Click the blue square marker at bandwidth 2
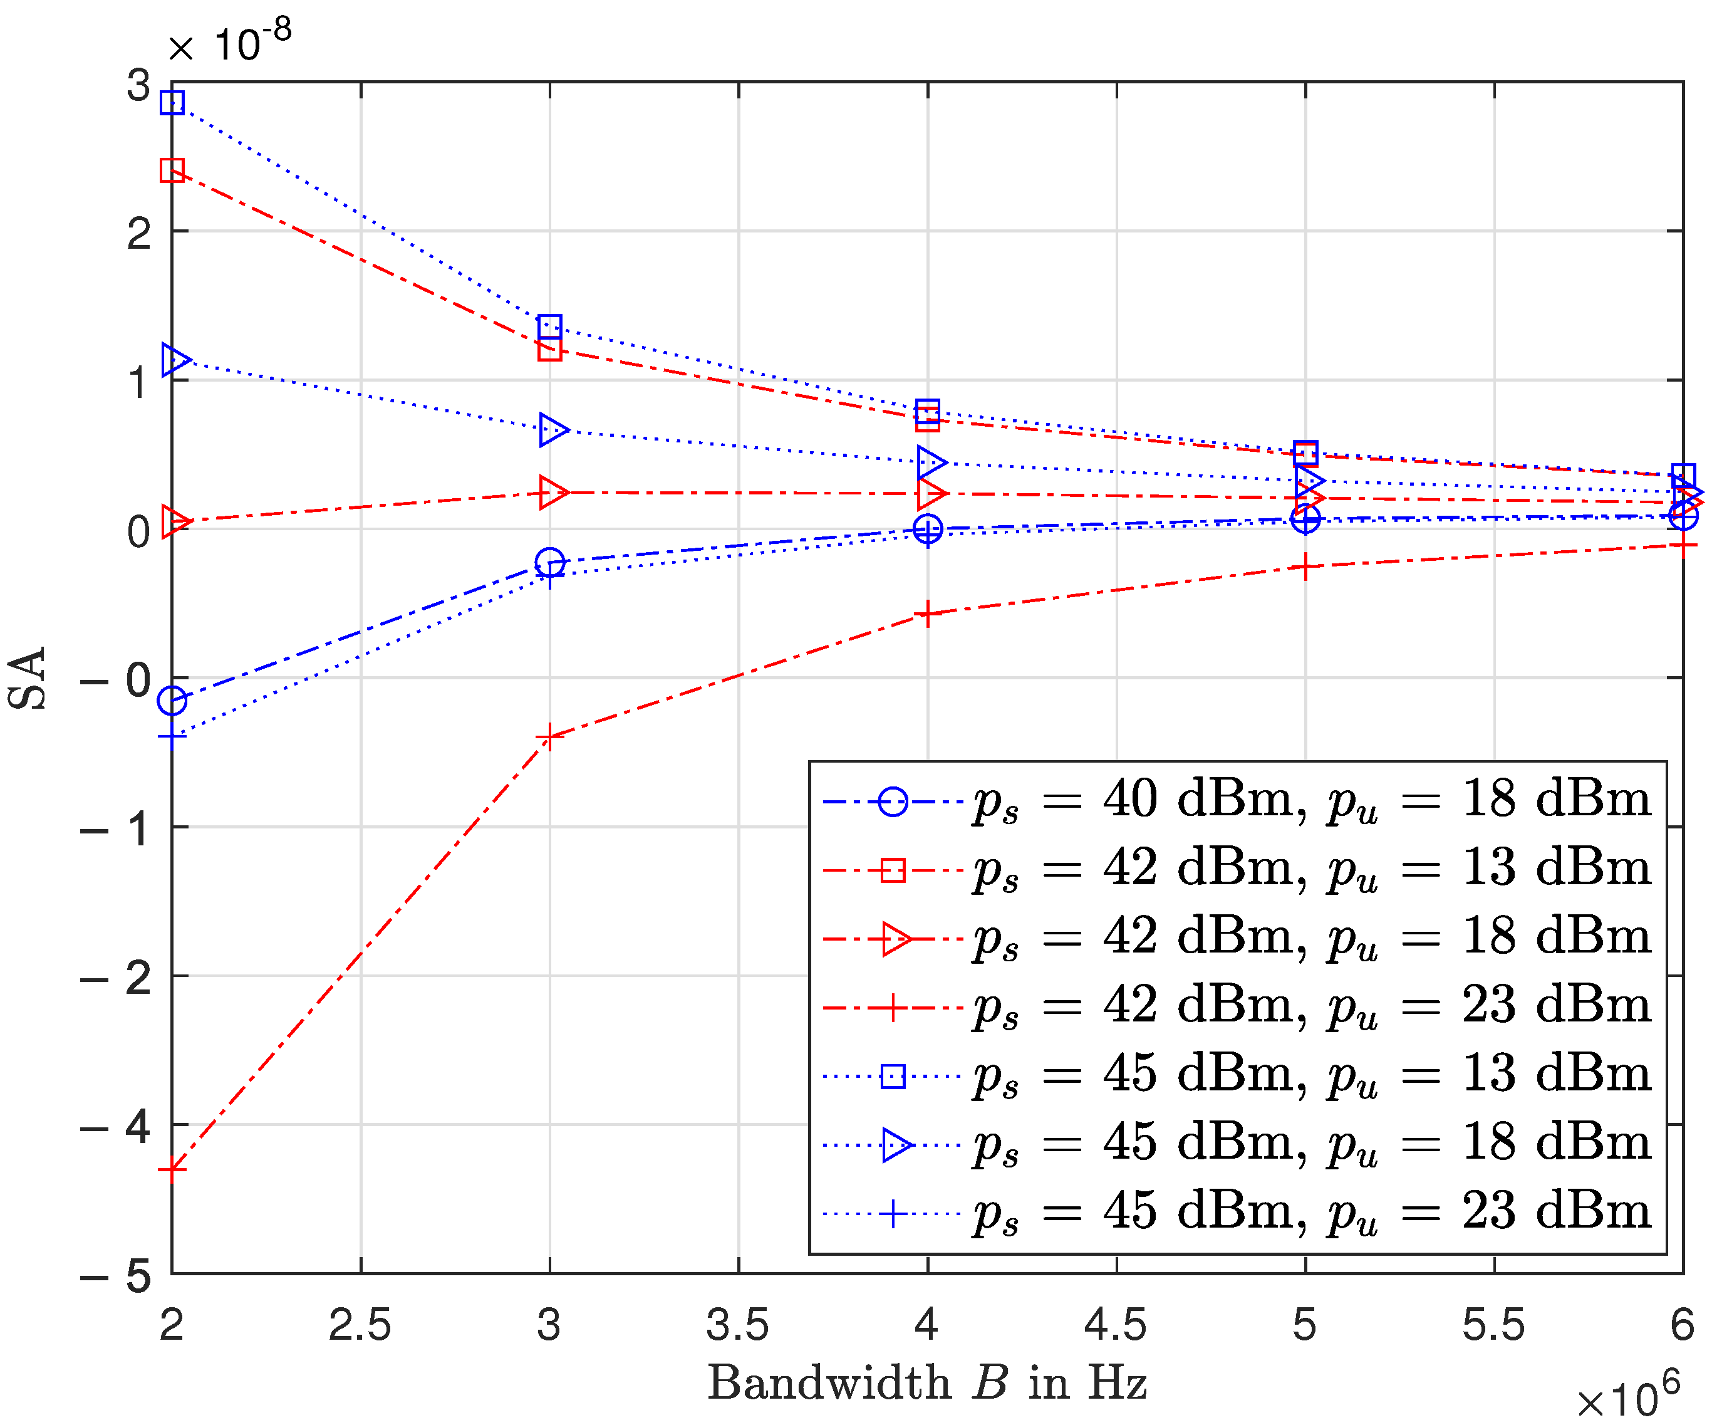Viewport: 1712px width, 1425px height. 172,103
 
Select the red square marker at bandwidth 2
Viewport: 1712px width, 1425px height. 172,170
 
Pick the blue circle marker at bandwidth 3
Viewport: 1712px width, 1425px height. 550,562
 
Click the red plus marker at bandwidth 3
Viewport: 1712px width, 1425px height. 550,738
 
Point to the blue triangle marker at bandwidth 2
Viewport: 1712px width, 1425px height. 175,360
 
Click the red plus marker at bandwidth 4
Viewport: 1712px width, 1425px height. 928,613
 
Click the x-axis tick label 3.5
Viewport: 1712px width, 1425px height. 738,1325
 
